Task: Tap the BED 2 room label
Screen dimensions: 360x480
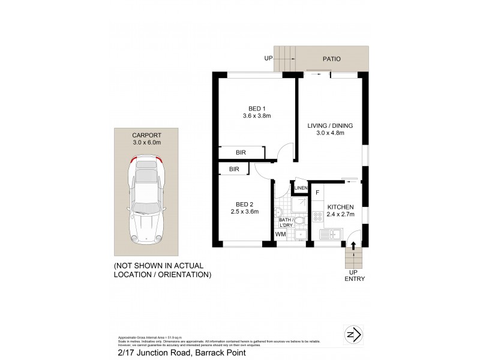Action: click(243, 207)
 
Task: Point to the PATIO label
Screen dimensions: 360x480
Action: click(331, 59)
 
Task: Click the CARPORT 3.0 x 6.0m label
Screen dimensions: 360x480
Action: click(146, 140)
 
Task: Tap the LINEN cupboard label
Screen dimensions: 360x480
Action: click(301, 189)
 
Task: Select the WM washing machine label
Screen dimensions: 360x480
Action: click(280, 235)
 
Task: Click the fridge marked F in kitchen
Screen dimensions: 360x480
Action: click(317, 193)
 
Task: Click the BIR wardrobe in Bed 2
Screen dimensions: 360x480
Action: click(234, 170)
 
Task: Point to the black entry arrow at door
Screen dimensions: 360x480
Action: click(353, 245)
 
